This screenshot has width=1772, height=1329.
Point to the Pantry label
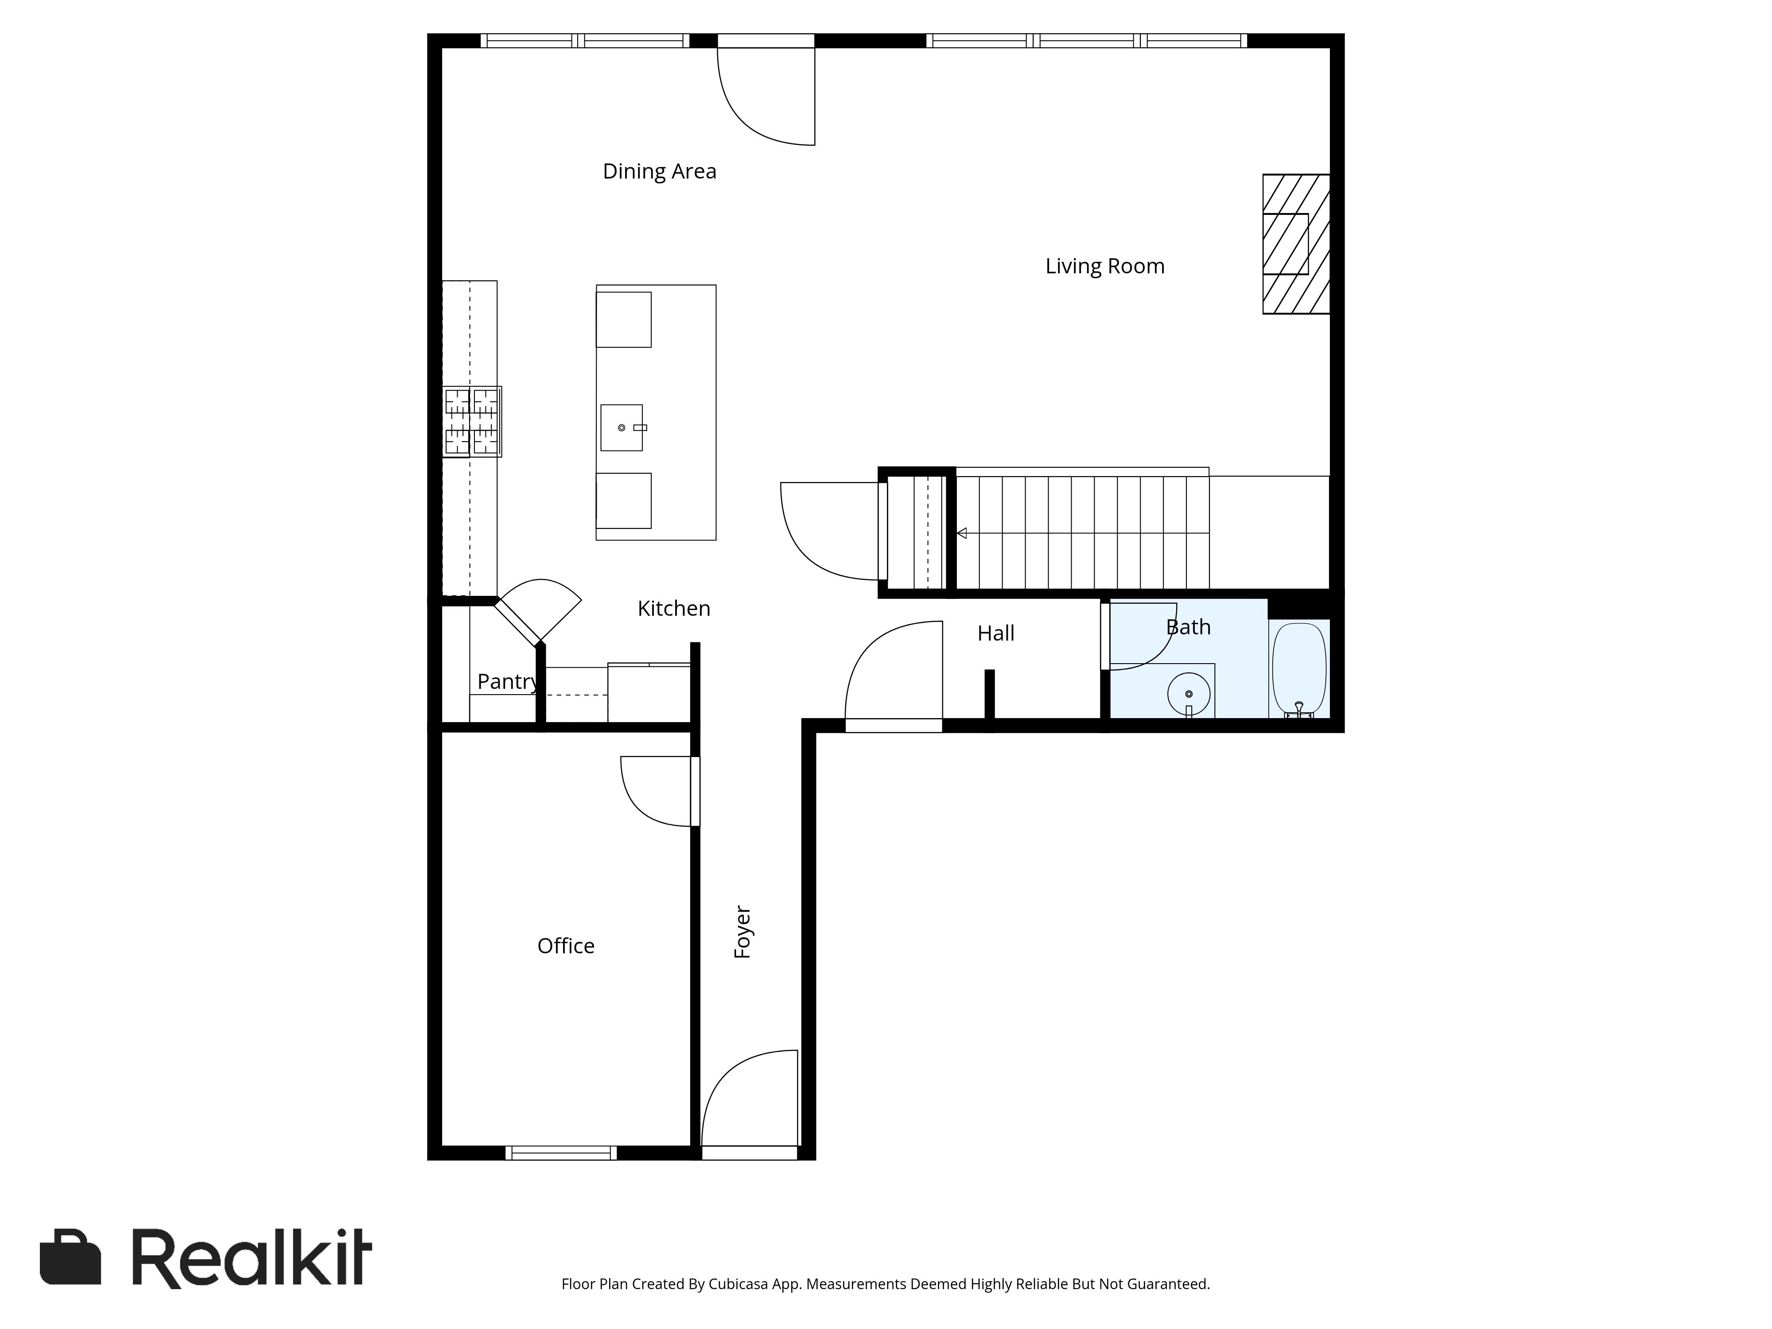point(507,682)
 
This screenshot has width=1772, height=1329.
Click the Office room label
point(566,946)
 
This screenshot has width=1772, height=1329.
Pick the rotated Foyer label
point(742,933)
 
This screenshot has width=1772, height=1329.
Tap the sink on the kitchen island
point(622,428)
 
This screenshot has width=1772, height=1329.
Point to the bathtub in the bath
point(1298,669)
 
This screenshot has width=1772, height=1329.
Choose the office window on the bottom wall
point(561,1153)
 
